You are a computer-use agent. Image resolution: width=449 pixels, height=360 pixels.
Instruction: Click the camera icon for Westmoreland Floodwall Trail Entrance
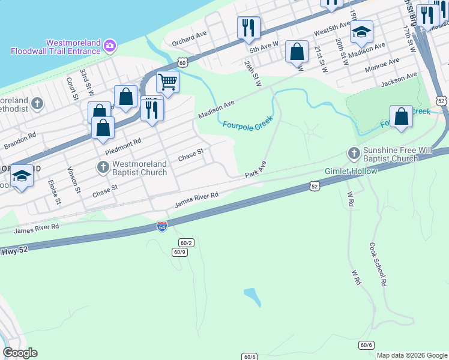tap(110, 45)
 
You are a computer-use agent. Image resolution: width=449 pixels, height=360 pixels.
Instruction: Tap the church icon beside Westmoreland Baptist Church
tap(103, 167)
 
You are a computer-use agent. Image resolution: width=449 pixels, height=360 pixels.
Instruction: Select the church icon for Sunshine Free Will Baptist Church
tap(354, 154)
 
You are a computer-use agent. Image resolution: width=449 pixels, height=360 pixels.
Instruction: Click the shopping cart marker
tap(167, 81)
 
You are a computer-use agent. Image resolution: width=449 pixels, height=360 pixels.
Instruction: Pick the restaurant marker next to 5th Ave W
tap(248, 28)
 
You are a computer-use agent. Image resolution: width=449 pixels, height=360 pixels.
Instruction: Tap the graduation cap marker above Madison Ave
tap(361, 32)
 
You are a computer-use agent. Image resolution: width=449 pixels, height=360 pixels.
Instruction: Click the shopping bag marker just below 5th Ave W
tap(297, 52)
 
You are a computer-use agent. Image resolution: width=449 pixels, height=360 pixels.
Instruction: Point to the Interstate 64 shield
tap(161, 226)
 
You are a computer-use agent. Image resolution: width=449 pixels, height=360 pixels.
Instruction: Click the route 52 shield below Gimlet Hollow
tap(315, 187)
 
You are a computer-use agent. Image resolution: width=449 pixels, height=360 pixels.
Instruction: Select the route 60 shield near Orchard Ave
tap(182, 62)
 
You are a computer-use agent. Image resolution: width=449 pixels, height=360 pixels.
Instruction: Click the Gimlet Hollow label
tap(351, 171)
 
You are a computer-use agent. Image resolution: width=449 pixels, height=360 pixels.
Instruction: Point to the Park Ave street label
tap(255, 170)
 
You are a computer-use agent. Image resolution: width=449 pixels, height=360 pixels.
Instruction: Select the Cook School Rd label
tap(377, 264)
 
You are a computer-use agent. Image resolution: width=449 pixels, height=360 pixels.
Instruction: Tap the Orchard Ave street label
tap(189, 39)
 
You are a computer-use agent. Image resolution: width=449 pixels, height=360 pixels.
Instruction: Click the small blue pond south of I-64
tap(253, 296)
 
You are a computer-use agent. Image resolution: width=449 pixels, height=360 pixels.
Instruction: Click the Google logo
tap(20, 353)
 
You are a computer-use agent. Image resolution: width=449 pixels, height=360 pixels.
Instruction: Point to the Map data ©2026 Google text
tap(411, 355)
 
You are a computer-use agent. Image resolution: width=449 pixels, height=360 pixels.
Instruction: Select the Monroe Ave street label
tap(382, 62)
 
